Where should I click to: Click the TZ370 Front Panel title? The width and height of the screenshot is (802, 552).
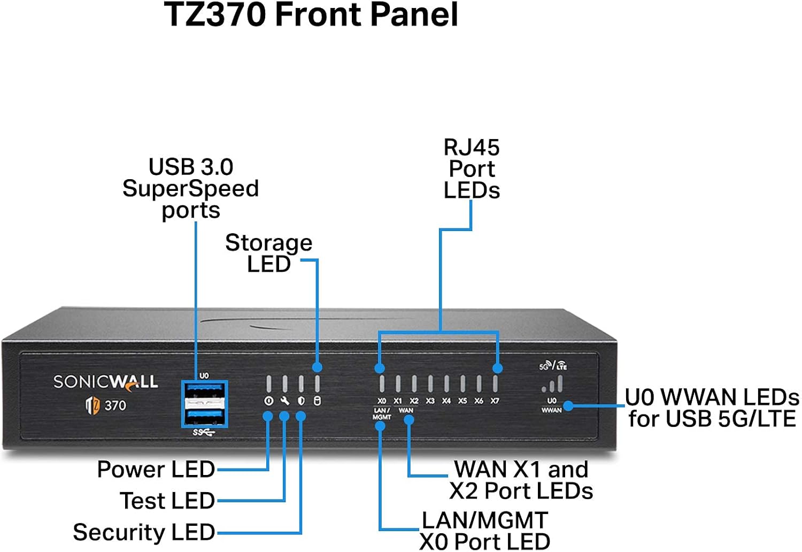(x=311, y=14)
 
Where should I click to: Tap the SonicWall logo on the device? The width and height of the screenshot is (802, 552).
(x=105, y=381)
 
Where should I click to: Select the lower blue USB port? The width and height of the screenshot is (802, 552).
(x=205, y=416)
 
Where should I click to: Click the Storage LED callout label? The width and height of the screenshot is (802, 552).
(x=268, y=253)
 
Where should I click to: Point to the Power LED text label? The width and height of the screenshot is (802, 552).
(x=156, y=469)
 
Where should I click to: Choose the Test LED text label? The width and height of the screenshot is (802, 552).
(x=167, y=501)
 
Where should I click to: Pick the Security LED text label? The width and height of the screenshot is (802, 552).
(x=144, y=532)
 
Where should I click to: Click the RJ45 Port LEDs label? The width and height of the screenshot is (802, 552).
(x=472, y=168)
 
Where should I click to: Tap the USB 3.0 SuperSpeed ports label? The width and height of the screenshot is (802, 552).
(x=190, y=188)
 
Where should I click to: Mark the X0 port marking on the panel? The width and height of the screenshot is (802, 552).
(x=382, y=401)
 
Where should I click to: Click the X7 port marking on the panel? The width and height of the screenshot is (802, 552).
(x=495, y=401)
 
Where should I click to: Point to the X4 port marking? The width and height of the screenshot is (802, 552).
(x=446, y=401)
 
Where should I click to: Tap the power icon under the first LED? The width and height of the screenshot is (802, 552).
(x=268, y=401)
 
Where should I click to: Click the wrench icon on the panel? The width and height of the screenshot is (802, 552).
(x=284, y=401)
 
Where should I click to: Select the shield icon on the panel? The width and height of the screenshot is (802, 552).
(x=301, y=401)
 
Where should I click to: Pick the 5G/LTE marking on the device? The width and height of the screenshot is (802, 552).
(x=553, y=366)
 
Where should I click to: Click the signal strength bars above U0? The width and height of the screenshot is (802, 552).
(x=552, y=384)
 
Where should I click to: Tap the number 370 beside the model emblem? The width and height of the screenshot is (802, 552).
(x=115, y=405)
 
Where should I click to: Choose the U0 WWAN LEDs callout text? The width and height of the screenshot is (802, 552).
(x=712, y=408)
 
